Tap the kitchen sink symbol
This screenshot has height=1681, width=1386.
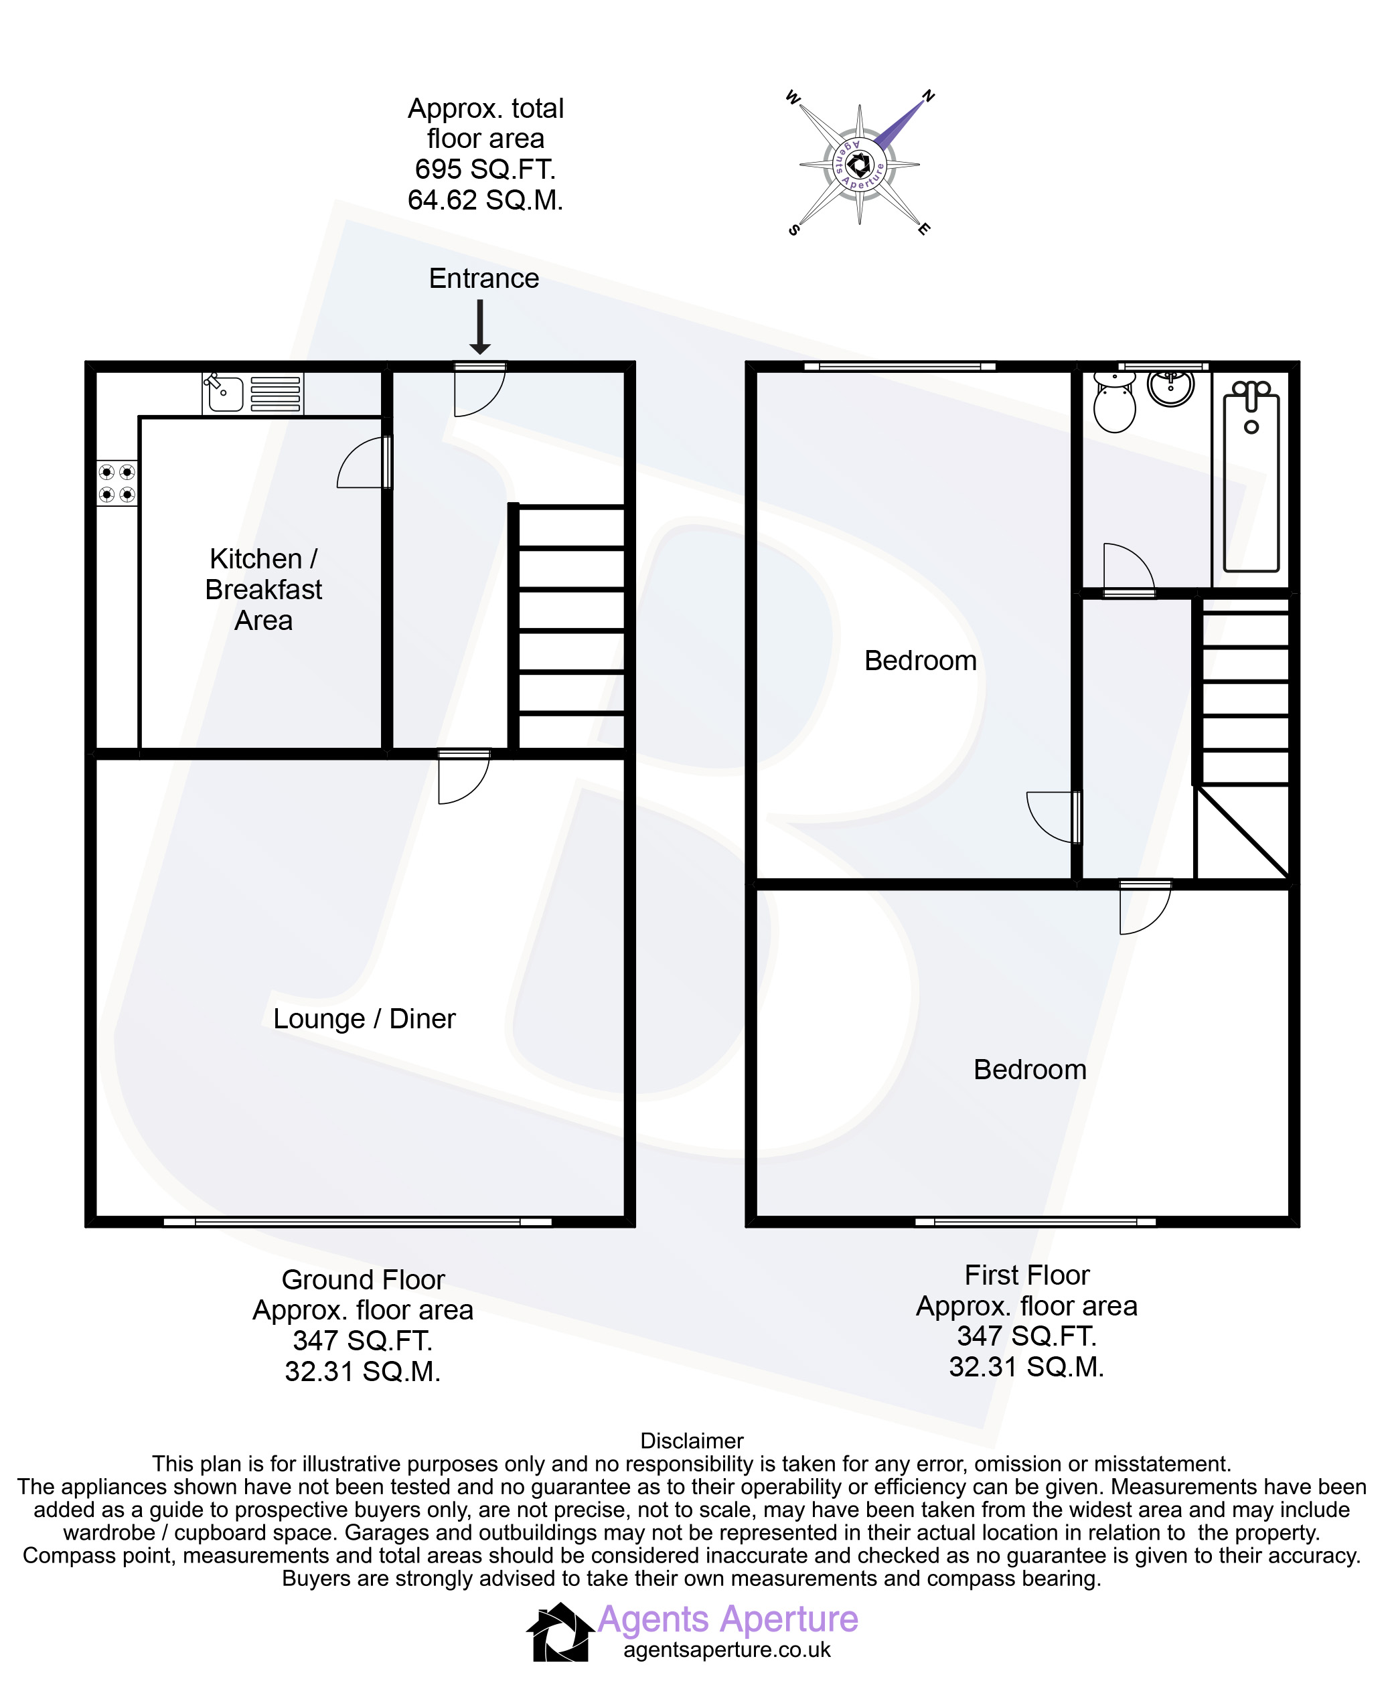(253, 394)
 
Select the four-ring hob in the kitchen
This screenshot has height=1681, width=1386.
(117, 483)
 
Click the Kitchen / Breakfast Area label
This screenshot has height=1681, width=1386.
(263, 589)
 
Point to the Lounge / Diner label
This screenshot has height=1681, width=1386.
(364, 1018)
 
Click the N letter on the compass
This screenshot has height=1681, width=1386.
(928, 96)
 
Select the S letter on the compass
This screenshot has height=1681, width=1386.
(793, 230)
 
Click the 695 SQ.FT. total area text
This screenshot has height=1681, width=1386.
(485, 169)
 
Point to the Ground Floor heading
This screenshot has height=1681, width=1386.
(364, 1279)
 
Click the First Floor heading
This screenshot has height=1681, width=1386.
(1026, 1275)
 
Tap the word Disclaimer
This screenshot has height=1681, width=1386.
(692, 1441)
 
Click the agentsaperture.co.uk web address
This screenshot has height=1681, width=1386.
(727, 1650)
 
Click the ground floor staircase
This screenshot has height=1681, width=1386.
(567, 626)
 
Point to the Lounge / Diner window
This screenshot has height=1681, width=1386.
(358, 1221)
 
